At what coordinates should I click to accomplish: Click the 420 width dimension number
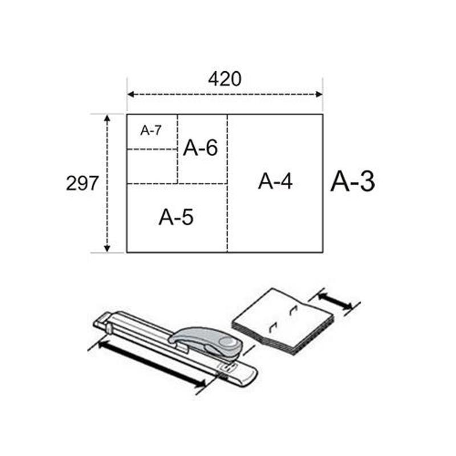[225, 79]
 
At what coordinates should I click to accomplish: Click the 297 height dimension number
[82, 183]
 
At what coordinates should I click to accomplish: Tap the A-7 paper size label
[150, 131]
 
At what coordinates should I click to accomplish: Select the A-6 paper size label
[201, 148]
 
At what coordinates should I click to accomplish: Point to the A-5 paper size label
[176, 217]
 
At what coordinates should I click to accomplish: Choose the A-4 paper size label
[275, 181]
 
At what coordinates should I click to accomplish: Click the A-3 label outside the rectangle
[352, 181]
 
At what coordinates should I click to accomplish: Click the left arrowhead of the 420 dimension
[131, 94]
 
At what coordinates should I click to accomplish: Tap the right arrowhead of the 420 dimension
[319, 94]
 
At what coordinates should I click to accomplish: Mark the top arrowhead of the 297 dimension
[107, 118]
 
